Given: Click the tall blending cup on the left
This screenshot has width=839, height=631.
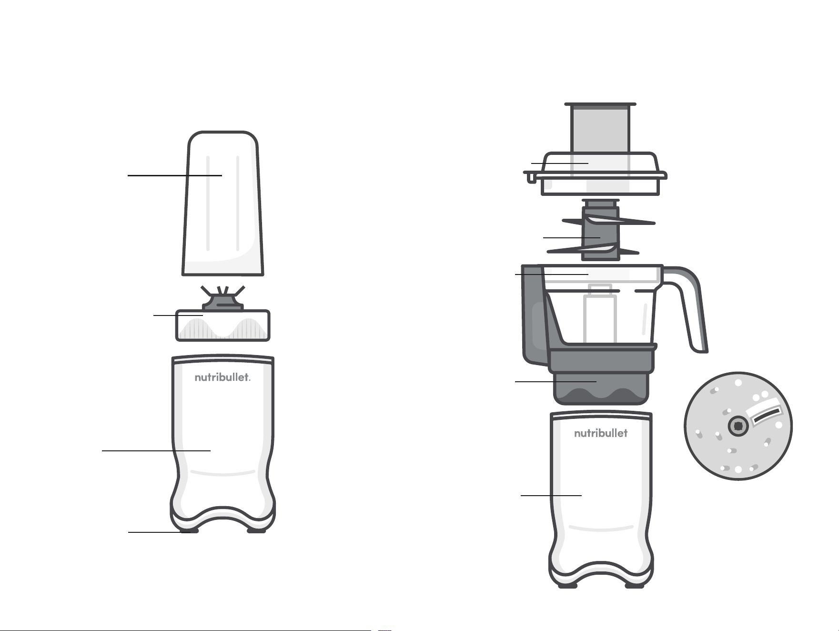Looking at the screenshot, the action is coord(223,204).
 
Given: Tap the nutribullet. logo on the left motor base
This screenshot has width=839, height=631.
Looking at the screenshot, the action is coord(222,377).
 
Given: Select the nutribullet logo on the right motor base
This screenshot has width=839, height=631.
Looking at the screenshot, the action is coord(601,433).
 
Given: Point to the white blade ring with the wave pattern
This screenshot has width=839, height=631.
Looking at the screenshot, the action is coord(223,326).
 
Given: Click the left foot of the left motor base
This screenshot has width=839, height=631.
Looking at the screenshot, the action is coord(189,529).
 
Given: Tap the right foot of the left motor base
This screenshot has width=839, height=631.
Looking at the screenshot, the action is coord(256,529).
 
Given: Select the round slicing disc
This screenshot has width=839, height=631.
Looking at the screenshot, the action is coord(738,426).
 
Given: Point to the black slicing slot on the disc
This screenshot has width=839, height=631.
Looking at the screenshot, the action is coord(766,415).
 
